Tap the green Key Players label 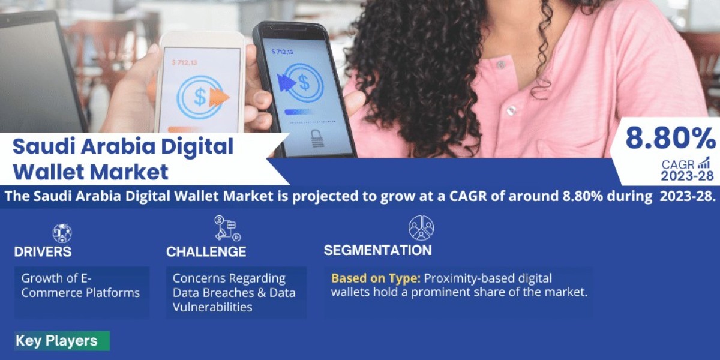(62, 341)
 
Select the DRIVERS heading (43, 251)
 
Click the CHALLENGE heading (206, 251)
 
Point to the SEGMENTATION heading (377, 250)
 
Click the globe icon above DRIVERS (62, 233)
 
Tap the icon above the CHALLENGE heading (227, 228)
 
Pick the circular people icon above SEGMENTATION (421, 228)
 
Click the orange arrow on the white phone (219, 97)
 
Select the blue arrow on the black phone (286, 83)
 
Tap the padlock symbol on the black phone (317, 138)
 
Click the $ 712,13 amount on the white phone (184, 62)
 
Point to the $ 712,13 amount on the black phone (283, 52)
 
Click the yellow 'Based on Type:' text (376, 278)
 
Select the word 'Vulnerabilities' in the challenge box (212, 307)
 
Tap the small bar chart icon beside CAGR (704, 163)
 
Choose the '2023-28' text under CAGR (687, 176)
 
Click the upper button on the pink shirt (500, 65)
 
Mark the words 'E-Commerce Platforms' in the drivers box (80, 286)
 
